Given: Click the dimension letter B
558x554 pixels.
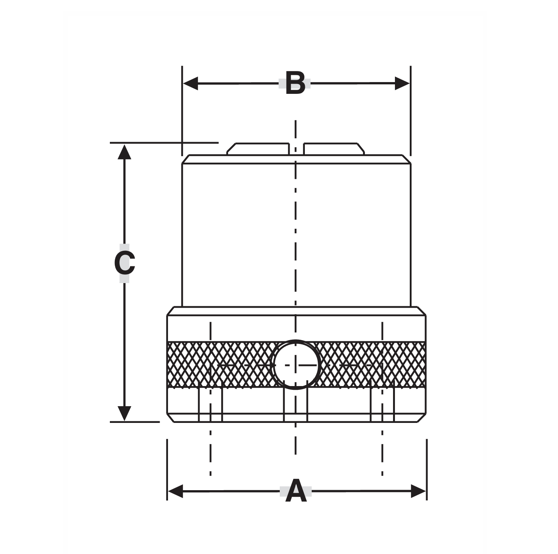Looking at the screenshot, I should click(x=295, y=83).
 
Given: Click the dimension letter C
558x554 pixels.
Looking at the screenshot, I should click(x=124, y=263).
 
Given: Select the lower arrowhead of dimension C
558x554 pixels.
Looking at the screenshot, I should click(x=124, y=413).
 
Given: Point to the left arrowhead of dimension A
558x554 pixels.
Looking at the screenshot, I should click(x=175, y=491).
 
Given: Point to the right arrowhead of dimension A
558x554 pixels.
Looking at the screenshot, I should click(x=418, y=491).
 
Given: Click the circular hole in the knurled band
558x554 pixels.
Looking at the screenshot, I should click(x=296, y=365).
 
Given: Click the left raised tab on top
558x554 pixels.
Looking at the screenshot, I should click(x=258, y=149).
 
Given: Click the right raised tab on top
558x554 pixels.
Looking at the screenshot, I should click(x=334, y=149).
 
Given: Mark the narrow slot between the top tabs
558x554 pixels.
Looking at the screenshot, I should click(x=296, y=149).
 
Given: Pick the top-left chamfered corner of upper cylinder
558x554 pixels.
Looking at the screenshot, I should click(x=185, y=159).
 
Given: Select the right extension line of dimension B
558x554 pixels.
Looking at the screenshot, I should click(x=411, y=110).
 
